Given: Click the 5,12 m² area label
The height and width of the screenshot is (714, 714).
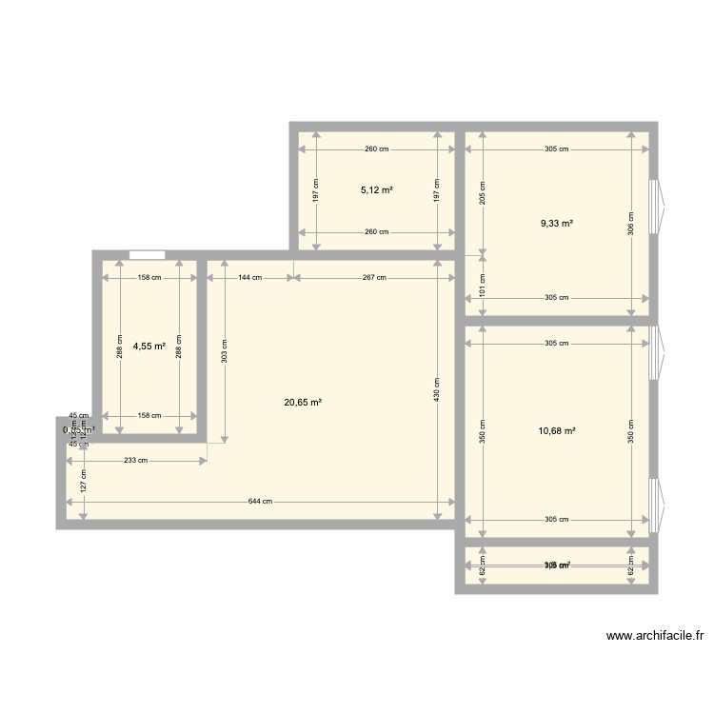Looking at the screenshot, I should point(376,190).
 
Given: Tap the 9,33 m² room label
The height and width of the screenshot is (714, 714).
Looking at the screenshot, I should point(557,223).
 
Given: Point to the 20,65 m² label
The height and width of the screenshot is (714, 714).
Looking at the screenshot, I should point(303,403).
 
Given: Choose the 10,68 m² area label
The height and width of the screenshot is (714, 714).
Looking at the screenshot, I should point(557,430).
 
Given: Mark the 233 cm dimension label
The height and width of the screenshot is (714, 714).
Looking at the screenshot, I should point(136,461).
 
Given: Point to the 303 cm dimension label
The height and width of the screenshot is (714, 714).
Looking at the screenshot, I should point(224,349).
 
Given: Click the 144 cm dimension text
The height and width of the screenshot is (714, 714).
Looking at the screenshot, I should point(250,278).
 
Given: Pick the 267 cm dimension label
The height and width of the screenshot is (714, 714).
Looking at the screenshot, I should point(374,278).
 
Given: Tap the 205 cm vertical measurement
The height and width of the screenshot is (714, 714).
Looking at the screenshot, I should point(483,193).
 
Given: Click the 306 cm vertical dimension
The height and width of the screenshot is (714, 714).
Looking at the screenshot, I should point(630,223).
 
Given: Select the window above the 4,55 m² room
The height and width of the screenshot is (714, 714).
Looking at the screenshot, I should point(147,254).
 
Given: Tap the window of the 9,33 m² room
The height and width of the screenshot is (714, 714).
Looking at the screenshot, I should point(655,207).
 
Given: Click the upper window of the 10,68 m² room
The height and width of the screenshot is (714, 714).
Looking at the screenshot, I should point(655,353).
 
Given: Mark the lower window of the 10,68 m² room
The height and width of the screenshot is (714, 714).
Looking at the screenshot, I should point(655,502).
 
